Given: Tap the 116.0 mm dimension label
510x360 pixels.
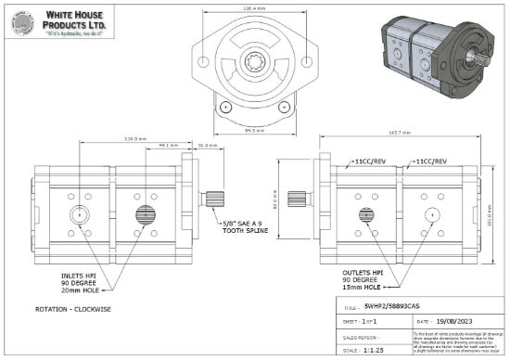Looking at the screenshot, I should point(135,139).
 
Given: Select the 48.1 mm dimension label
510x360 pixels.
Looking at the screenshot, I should point(168,147).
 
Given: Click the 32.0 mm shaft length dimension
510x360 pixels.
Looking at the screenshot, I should point(208,147).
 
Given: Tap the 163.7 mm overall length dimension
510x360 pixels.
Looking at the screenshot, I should point(400,135).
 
